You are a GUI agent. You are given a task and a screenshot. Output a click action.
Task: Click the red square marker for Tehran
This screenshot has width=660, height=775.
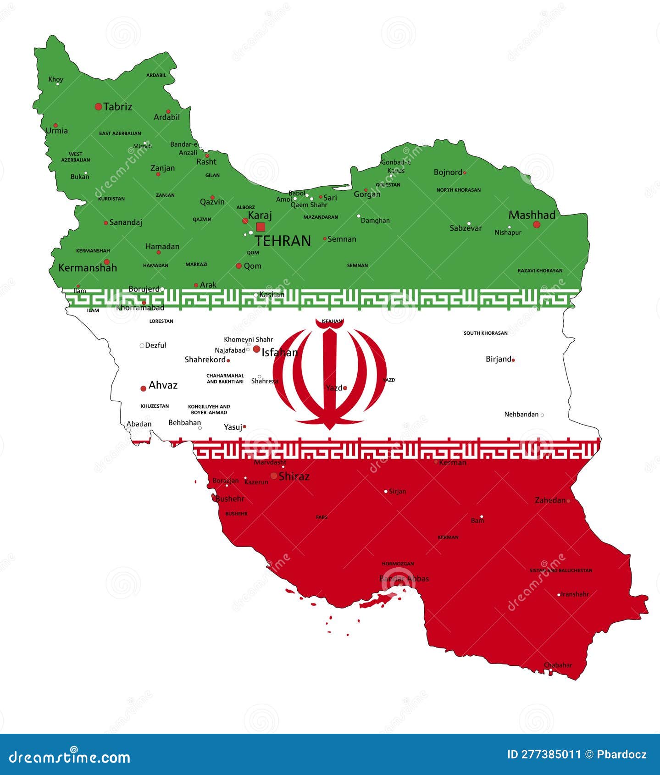(x=261, y=227)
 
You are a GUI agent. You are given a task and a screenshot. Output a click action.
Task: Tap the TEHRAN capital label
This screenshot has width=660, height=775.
(x=283, y=241)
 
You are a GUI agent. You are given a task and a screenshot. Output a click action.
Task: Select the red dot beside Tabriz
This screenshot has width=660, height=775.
(x=98, y=107)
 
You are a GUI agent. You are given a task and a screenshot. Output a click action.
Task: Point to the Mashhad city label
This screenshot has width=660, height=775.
(x=532, y=215)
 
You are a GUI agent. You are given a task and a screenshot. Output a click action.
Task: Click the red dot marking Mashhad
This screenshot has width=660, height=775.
(x=537, y=225)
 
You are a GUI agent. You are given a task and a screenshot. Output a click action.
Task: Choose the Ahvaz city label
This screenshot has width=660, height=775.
(x=163, y=385)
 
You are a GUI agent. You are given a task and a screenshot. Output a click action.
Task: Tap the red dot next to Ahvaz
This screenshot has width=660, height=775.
(x=143, y=388)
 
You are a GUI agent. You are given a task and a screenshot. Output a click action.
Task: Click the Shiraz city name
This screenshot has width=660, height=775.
(x=294, y=476)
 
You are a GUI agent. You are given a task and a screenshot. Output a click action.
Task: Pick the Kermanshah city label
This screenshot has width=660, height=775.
(x=88, y=268)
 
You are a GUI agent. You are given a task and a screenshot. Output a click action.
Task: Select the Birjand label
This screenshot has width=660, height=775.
(x=498, y=359)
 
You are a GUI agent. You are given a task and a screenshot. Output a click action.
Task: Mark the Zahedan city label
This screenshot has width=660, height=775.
(x=550, y=500)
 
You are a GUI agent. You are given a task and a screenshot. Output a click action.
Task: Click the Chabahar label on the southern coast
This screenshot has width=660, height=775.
(x=558, y=665)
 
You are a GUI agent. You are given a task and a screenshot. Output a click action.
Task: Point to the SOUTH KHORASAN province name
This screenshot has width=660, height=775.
(x=485, y=333)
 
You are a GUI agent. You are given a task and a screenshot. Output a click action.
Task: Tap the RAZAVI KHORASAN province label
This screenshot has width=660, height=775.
(x=540, y=271)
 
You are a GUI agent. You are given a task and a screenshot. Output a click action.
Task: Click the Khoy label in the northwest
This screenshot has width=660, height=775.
(x=56, y=79)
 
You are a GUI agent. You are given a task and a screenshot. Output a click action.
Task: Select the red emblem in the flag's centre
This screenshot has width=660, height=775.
(x=329, y=374)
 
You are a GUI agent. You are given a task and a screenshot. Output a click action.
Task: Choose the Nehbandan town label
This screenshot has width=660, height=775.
(x=521, y=415)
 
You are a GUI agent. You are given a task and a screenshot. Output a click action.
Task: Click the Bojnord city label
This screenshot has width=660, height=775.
(x=448, y=172)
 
